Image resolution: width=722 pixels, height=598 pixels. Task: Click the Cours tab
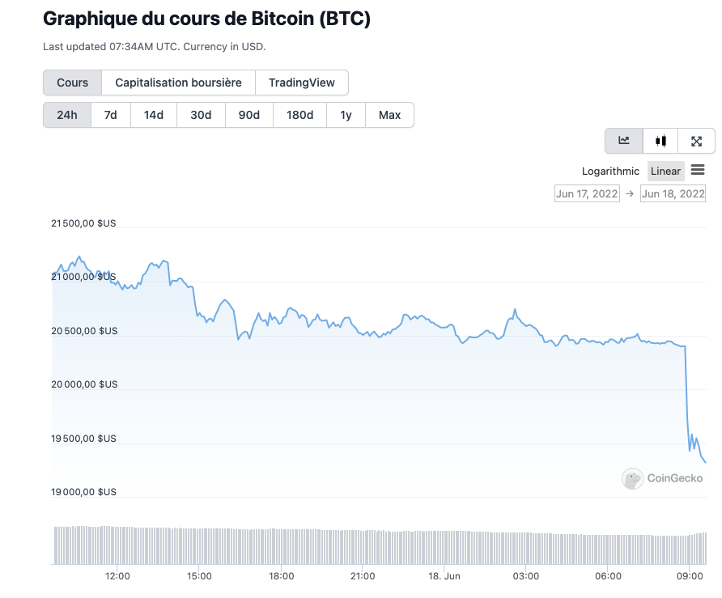click(x=72, y=83)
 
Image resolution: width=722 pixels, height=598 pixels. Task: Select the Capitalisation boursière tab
click(x=178, y=83)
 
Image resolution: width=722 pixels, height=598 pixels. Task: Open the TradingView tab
click(x=301, y=83)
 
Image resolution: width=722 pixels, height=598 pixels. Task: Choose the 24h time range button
click(x=67, y=115)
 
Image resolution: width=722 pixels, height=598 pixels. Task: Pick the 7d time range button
click(x=111, y=115)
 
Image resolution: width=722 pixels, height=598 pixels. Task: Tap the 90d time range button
click(x=248, y=115)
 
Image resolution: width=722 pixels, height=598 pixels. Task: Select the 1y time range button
click(x=346, y=115)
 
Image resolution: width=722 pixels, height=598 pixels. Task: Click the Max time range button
click(x=389, y=115)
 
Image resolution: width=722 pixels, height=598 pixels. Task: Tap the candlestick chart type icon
click(x=660, y=141)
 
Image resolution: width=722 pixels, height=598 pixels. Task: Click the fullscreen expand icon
click(x=696, y=141)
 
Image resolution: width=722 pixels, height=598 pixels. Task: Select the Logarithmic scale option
click(x=610, y=172)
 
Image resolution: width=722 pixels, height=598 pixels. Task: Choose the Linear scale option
click(x=665, y=172)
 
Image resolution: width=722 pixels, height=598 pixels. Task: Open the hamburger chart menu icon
click(x=698, y=170)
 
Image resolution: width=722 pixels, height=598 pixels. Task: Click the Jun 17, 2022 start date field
click(x=587, y=193)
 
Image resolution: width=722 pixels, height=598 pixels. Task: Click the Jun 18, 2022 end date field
click(x=673, y=193)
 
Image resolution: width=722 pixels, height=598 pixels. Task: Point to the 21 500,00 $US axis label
click(x=84, y=223)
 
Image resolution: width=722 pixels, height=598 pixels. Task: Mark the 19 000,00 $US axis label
click(x=84, y=492)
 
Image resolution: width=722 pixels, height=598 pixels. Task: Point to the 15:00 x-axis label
click(x=199, y=576)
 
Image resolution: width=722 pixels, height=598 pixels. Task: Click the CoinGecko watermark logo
click(x=662, y=478)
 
